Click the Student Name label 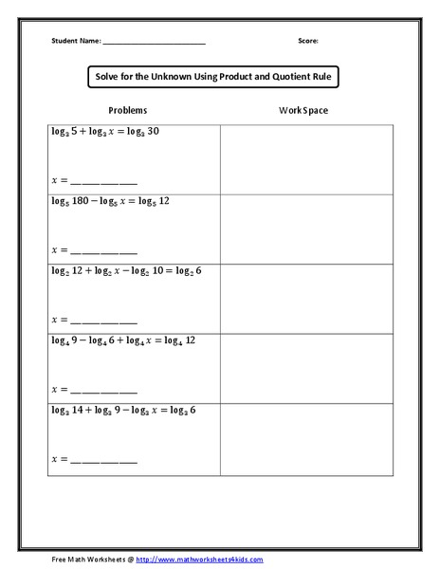[x=76, y=42]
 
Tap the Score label [x=307, y=42]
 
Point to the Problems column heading [x=127, y=111]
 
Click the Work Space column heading [x=303, y=111]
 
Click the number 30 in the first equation [x=153, y=132]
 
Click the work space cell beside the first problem [x=304, y=158]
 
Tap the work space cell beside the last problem [x=304, y=437]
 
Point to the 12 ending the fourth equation [x=190, y=340]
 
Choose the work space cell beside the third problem [x=304, y=298]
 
